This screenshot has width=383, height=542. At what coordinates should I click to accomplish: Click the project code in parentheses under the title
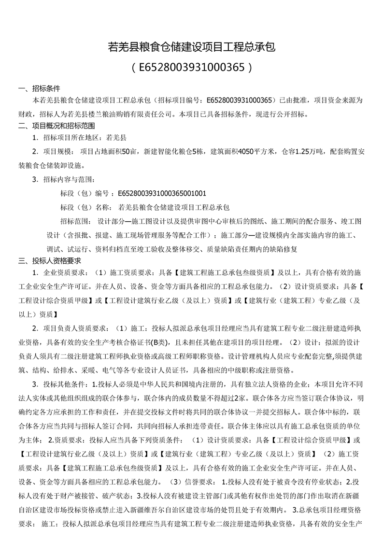click(191, 67)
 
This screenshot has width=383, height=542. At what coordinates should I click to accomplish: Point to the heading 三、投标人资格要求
click(53, 261)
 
